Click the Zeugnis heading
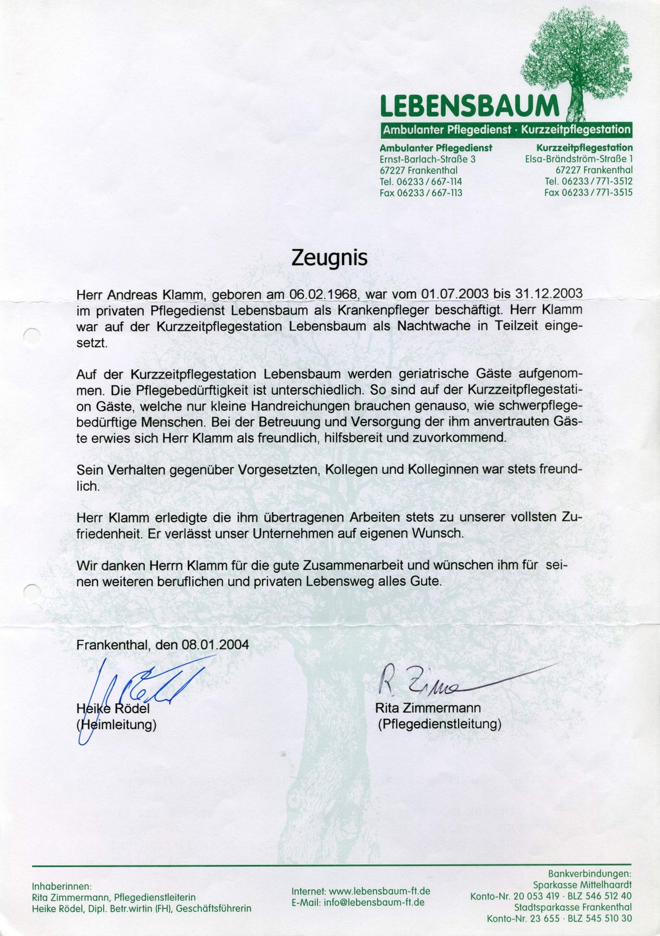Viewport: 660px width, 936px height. pyautogui.click(x=329, y=258)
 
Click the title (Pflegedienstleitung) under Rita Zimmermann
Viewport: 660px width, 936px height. pyautogui.click(x=439, y=724)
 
